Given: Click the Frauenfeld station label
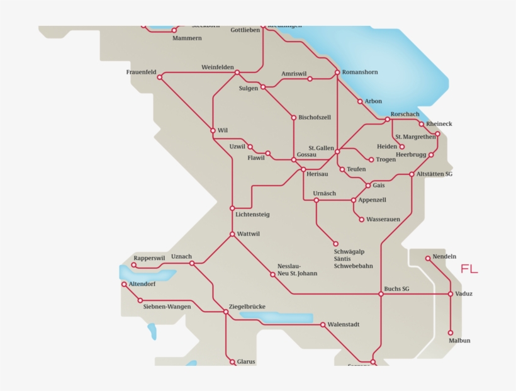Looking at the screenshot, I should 141,72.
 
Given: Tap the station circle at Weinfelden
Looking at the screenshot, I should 237,72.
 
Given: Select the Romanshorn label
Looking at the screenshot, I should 360,72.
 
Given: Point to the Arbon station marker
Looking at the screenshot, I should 360,101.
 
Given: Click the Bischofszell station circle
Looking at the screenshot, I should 293,117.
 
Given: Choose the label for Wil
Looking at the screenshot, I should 222,130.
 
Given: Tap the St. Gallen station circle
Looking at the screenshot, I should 337,151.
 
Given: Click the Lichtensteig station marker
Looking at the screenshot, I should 232,208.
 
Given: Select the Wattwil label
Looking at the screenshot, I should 249,234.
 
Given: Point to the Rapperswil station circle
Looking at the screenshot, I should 134,265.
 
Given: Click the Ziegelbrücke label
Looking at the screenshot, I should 247,307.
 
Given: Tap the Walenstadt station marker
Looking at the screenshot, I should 323,325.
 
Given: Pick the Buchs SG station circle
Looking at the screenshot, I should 381,294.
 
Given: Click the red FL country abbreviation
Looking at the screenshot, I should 469,269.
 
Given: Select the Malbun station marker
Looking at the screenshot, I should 451,333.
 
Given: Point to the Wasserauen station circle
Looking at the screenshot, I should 361,219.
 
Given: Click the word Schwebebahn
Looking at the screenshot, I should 353,266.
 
